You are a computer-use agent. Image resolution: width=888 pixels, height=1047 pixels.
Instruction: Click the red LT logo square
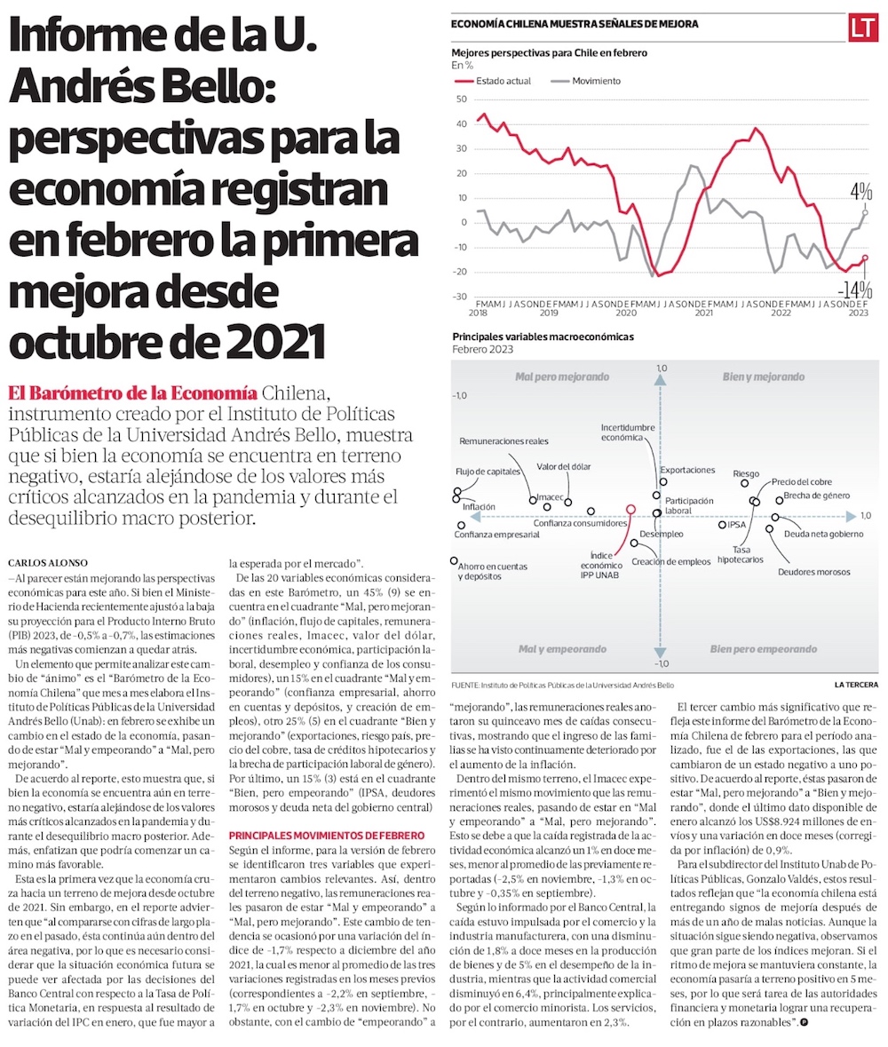tap(862, 28)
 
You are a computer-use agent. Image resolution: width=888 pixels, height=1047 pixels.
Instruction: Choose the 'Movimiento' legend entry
tap(596, 81)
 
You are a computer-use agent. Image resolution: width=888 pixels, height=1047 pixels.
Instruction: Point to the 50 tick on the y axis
tap(461, 99)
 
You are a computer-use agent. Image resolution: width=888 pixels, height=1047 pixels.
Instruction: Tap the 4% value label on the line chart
tap(860, 191)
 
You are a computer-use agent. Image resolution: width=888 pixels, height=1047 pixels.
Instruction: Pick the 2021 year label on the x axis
tap(703, 313)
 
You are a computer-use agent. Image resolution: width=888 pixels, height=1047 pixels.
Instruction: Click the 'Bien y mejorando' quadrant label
tap(761, 377)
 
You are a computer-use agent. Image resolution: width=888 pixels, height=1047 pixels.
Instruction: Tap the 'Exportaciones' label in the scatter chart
tap(687, 469)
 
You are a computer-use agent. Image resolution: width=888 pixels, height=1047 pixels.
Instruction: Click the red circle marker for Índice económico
tap(630, 510)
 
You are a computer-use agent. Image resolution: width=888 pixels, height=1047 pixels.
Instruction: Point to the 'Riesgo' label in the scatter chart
tap(745, 473)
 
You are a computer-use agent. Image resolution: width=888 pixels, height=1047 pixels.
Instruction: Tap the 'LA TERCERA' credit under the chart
tap(856, 685)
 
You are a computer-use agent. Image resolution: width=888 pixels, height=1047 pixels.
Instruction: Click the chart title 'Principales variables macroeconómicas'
tap(543, 337)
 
